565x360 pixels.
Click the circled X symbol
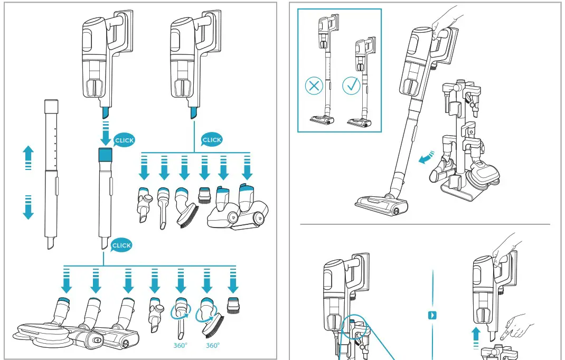pyautogui.click(x=314, y=86)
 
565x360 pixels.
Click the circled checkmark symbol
pyautogui.click(x=351, y=86)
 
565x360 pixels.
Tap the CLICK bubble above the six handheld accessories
pyautogui.click(x=212, y=140)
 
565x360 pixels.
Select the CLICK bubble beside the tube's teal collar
pyautogui.click(x=125, y=140)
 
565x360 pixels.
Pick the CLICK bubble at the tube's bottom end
pyautogui.click(x=121, y=245)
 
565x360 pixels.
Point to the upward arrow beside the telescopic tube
pyautogui.click(x=29, y=157)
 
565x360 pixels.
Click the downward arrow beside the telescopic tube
pyautogui.click(x=29, y=208)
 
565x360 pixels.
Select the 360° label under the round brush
pyautogui.click(x=212, y=346)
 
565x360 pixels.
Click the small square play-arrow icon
pyautogui.click(x=432, y=315)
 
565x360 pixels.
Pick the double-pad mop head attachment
pyautogui.click(x=37, y=333)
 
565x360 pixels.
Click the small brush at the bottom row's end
pyautogui.click(x=233, y=307)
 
